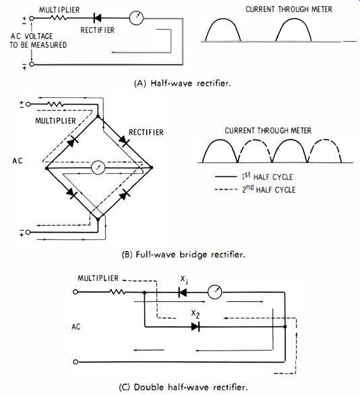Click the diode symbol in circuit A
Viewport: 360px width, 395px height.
[97, 18]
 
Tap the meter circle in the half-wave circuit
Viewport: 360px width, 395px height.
[136, 18]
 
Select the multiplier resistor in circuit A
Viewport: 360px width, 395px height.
[58, 18]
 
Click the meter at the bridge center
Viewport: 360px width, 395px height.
[98, 168]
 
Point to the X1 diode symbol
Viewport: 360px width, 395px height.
[183, 293]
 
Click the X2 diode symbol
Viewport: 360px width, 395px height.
[196, 327]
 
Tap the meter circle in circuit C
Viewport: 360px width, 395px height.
[214, 293]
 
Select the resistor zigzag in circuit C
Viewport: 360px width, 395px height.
[117, 292]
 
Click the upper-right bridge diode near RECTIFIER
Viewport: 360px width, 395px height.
[124, 141]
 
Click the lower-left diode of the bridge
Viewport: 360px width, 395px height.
[71, 193]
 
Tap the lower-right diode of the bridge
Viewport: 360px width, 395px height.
[124, 194]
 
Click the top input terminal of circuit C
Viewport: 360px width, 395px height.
[75, 292]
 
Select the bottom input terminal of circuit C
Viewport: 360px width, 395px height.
[75, 362]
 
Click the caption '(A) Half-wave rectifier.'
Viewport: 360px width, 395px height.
[183, 83]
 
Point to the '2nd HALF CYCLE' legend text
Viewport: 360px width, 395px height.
[269, 189]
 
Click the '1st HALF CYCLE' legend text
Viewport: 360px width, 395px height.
[267, 177]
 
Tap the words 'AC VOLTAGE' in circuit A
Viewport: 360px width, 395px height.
[32, 36]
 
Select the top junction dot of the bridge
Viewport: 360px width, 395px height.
[98, 117]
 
